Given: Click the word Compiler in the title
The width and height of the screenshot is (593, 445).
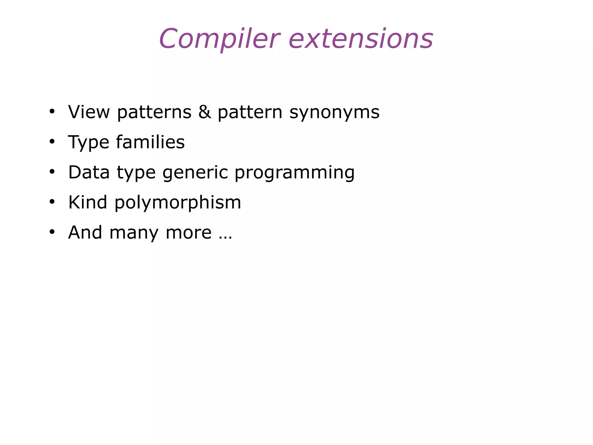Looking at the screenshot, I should click(x=219, y=39).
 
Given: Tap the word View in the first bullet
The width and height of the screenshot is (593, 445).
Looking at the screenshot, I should click(x=89, y=112).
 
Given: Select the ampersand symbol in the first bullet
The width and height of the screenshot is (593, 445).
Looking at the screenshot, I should click(x=204, y=112).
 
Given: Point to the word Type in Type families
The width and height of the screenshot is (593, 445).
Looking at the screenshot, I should click(x=89, y=143).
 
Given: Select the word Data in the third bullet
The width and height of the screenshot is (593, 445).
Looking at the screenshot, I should click(x=89, y=172).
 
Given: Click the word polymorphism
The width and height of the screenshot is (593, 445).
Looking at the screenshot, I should click(x=178, y=203).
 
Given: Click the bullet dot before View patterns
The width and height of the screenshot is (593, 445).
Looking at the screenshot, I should click(x=52, y=112).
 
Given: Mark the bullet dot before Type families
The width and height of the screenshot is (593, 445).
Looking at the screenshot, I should click(x=52, y=142).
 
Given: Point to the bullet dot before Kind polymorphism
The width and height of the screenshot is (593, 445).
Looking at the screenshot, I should click(x=52, y=202).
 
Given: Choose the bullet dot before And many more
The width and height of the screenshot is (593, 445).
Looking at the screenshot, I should click(x=52, y=232).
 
